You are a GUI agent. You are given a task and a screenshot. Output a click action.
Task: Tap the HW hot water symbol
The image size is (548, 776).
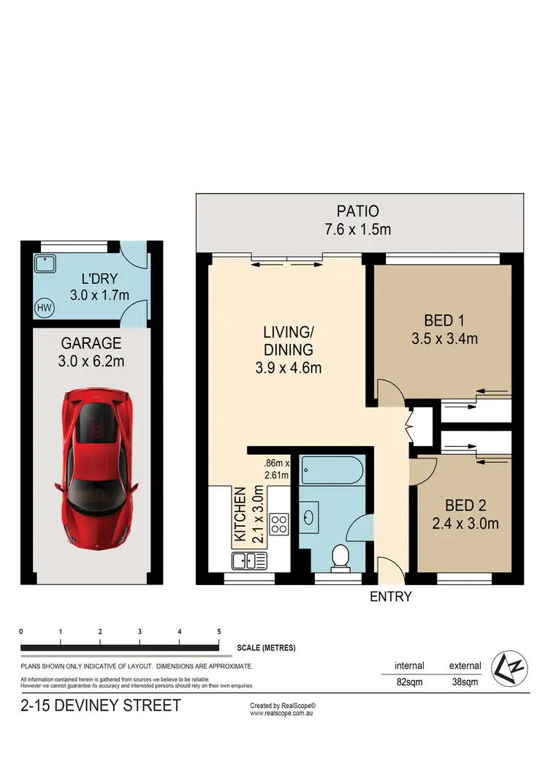click(44, 308)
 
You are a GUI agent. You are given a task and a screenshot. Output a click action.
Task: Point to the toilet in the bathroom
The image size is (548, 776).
click(340, 557)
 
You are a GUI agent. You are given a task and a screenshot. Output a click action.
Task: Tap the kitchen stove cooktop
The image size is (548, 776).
click(278, 524)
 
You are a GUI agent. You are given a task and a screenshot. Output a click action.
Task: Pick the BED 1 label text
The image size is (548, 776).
click(444, 320)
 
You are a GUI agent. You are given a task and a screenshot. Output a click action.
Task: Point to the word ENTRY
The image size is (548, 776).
click(391, 597)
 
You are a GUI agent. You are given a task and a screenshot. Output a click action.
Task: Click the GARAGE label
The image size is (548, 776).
click(91, 343)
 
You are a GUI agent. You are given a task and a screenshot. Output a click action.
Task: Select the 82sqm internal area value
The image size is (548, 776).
click(410, 682)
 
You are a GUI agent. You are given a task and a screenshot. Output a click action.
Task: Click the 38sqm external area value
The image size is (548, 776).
click(464, 682)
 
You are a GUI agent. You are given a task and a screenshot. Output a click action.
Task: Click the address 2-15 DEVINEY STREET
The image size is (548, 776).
click(100, 707)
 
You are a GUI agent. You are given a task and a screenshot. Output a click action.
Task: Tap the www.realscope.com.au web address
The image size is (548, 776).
click(283, 712)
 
